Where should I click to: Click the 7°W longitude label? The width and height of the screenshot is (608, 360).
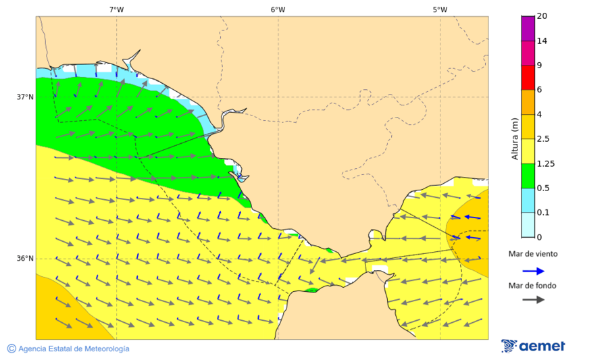[116, 9]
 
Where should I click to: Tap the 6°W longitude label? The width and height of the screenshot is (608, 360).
[278, 9]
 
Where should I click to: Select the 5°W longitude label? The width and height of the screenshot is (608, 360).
[440, 9]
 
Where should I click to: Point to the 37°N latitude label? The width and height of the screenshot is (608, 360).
[25, 97]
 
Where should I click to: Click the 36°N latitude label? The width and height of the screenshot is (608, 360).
[25, 258]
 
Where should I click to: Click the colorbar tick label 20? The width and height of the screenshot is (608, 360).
[542, 16]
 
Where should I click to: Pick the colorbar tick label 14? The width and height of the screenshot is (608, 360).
[542, 41]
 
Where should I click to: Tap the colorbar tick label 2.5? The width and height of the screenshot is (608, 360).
[543, 139]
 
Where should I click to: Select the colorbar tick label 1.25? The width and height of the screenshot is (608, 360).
[546, 163]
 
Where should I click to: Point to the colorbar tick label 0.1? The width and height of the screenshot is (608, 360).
[543, 213]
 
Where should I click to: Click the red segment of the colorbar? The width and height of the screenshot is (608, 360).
[528, 78]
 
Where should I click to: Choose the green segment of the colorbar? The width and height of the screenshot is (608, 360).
[528, 176]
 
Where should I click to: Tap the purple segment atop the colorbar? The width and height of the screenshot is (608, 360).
[528, 28]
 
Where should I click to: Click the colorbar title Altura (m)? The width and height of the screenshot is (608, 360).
[515, 138]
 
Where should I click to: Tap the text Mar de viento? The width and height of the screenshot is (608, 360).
[533, 254]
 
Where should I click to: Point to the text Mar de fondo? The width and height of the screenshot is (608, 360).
[533, 285]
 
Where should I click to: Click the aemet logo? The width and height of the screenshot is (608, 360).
[533, 346]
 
